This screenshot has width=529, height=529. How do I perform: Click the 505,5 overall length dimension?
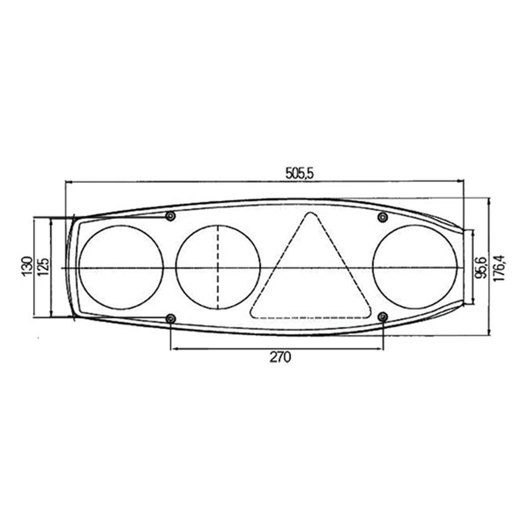[300, 174]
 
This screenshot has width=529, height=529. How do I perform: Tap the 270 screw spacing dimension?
[280, 357]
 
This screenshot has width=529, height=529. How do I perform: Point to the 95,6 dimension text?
[481, 267]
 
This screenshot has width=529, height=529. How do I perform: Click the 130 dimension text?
[28, 266]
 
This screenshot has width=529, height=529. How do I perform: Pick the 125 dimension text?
[43, 267]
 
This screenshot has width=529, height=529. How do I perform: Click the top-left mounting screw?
[171, 216]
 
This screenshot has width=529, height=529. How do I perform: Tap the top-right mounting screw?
[382, 217]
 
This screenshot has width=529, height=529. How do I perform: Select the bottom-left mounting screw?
[171, 318]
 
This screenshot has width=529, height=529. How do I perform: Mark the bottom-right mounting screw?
[383, 317]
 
